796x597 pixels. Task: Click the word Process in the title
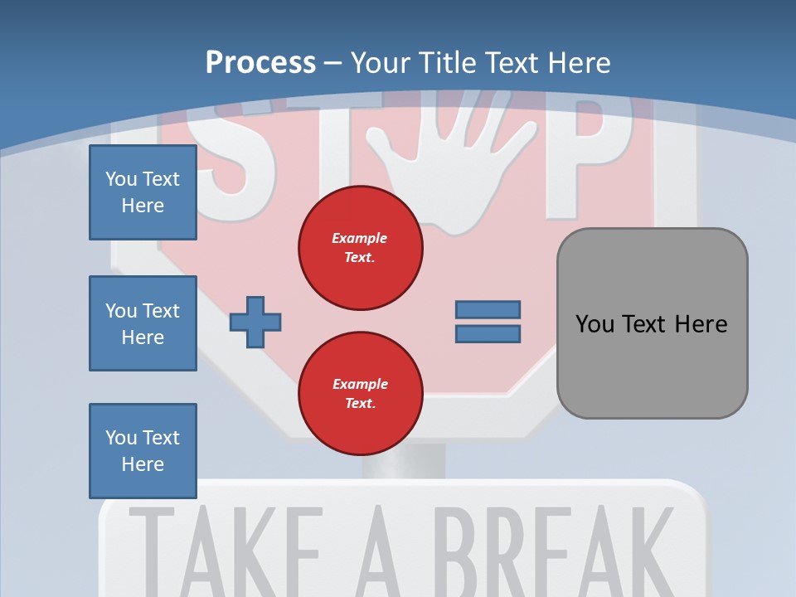[260, 63]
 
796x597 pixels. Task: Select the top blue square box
[143, 192]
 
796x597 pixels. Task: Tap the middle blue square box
[143, 323]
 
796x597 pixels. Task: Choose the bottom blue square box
[143, 451]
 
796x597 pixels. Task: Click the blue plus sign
[255, 321]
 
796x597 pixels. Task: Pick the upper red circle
[361, 248]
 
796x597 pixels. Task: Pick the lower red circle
[361, 394]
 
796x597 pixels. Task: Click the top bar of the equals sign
[488, 309]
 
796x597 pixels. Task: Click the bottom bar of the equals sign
[488, 334]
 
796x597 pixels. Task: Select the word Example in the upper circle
[360, 238]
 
